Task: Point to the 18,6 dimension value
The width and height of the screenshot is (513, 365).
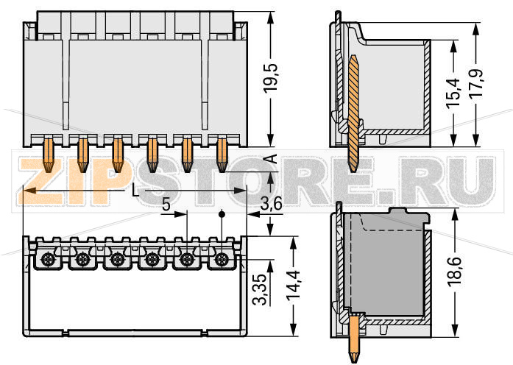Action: (456, 272)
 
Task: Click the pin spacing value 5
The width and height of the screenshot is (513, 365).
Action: (166, 206)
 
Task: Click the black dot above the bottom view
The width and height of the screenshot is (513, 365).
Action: (222, 216)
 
